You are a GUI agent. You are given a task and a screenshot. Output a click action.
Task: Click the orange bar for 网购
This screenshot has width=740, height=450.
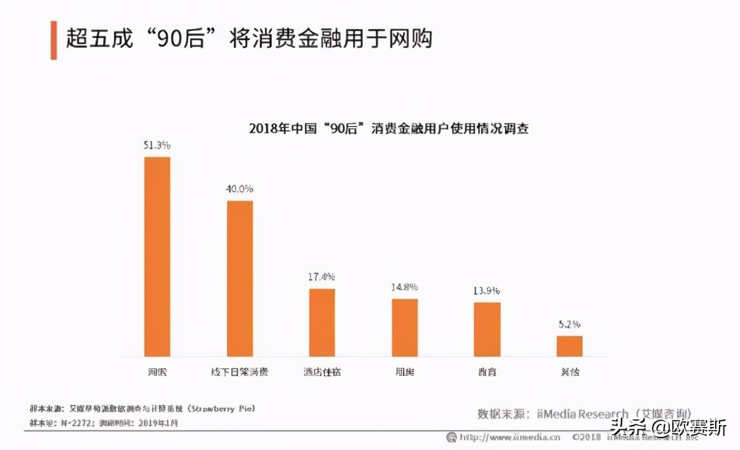pyautogui.click(x=157, y=257)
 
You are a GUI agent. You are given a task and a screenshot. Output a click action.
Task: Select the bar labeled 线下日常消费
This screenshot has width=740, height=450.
pyautogui.click(x=240, y=278)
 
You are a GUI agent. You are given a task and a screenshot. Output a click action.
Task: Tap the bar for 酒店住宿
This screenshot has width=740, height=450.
pyautogui.click(x=322, y=322)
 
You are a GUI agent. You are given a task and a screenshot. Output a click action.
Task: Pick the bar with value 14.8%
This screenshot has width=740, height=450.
pyautogui.click(x=405, y=328)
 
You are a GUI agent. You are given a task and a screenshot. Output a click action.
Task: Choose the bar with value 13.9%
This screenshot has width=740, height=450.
pyautogui.click(x=487, y=330)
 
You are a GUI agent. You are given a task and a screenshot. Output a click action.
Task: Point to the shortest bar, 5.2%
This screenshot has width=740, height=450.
pyautogui.click(x=569, y=346)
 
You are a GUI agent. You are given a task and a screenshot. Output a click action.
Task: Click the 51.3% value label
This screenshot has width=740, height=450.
pyautogui.click(x=157, y=145)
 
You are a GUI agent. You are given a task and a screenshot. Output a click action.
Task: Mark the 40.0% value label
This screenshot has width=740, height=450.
pyautogui.click(x=240, y=189)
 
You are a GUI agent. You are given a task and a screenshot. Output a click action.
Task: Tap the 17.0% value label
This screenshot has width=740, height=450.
pyautogui.click(x=322, y=277)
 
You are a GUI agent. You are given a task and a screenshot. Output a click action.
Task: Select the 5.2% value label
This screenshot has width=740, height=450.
pyautogui.click(x=569, y=324)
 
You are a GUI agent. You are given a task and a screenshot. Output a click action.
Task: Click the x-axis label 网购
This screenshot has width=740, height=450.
pyautogui.click(x=157, y=372)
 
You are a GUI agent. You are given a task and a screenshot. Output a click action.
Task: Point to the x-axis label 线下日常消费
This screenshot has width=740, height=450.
pyautogui.click(x=240, y=372)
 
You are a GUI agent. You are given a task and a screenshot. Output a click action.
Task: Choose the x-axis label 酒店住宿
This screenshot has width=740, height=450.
pyautogui.click(x=322, y=372)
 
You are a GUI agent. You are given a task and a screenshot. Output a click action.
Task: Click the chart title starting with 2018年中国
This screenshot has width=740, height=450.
pyautogui.click(x=388, y=128)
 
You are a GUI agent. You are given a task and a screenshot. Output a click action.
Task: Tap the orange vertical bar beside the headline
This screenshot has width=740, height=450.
pyautogui.click(x=54, y=40)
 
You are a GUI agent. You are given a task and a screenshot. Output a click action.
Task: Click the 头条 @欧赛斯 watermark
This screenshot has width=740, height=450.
pyautogui.click(x=668, y=428)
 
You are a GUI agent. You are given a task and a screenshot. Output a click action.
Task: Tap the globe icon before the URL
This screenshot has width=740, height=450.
pyautogui.click(x=452, y=437)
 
